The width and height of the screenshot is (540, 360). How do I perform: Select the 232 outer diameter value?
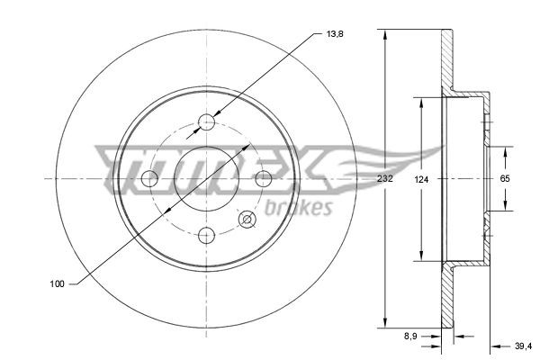(x=385, y=179)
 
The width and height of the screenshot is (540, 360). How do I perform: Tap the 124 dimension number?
(x=421, y=179)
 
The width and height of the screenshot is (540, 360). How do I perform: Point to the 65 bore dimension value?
(x=505, y=179)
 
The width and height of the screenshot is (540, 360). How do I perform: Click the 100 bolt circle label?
(x=56, y=284)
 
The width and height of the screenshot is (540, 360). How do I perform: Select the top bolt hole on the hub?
(x=208, y=122)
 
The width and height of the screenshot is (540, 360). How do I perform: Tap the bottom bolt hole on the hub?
(x=208, y=236)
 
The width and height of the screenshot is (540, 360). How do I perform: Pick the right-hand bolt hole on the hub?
(x=265, y=179)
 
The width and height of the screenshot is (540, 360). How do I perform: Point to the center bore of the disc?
(x=208, y=179)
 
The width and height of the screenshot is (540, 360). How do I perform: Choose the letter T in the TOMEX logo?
(x=117, y=162)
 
